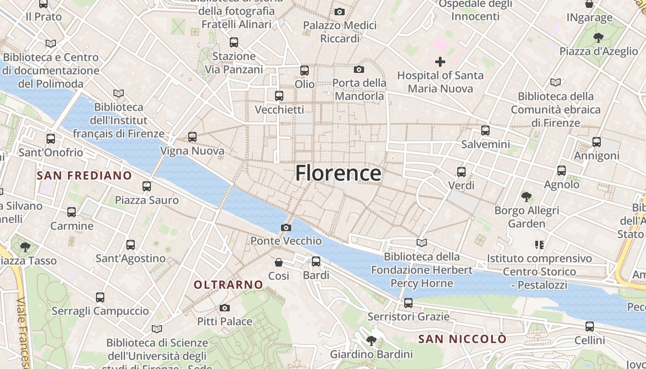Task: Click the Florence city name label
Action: [x=338, y=173]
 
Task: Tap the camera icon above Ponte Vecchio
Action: [x=286, y=227]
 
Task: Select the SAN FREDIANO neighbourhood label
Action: [x=84, y=175]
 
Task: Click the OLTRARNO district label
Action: [x=228, y=285]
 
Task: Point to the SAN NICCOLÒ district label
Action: [x=462, y=339]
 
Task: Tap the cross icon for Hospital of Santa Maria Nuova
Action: [x=440, y=61]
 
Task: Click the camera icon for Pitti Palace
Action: [x=225, y=308]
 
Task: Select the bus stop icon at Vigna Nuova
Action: [x=192, y=137]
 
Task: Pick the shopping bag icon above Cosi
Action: [x=279, y=262]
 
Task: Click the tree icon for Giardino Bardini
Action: [x=371, y=341]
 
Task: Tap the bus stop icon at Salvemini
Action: [x=485, y=131]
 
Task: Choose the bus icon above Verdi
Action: [x=461, y=172]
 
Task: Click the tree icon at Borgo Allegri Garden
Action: [x=526, y=197]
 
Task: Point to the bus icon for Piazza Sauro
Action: [x=147, y=186]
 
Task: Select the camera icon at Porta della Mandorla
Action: [x=359, y=70]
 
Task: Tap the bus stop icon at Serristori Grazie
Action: [x=408, y=303]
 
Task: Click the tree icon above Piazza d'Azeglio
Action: [x=598, y=37]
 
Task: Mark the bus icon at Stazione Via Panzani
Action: [x=234, y=42]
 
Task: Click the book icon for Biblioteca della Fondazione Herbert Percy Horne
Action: [x=422, y=243]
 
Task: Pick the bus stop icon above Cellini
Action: [x=590, y=327]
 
